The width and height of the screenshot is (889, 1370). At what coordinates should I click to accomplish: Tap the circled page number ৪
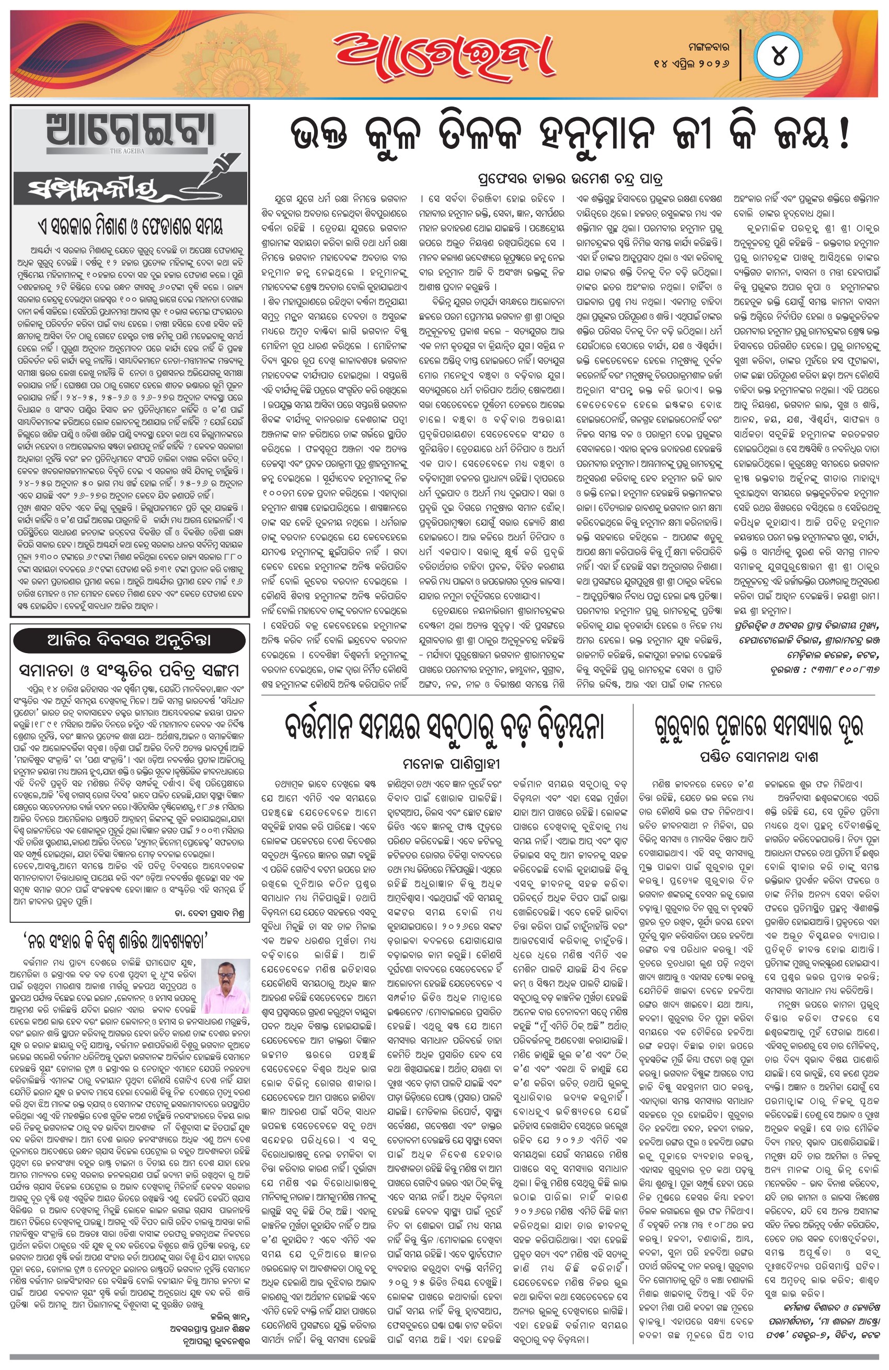coord(778,58)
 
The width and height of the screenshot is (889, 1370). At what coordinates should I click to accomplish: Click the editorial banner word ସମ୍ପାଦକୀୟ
coord(109,188)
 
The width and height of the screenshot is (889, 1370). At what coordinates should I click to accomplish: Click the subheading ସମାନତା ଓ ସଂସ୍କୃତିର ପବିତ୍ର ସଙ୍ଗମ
coord(130,670)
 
